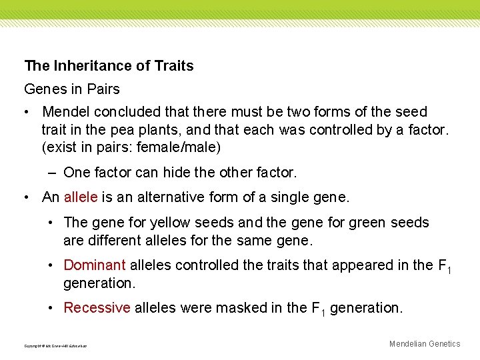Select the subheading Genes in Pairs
coord(72,89)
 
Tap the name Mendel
coord(65,112)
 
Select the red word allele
coord(81,197)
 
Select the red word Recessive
coord(97,308)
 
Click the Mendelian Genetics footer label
coord(425,344)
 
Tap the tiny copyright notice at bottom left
coord(55,346)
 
